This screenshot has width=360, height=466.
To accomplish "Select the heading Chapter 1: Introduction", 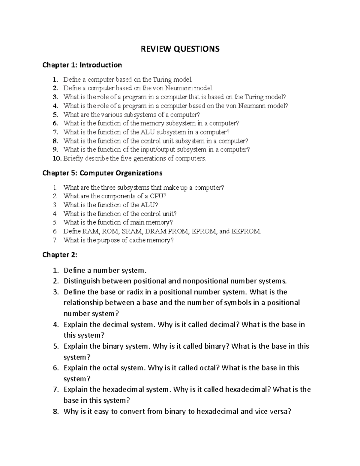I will pyautogui.click(x=82, y=65).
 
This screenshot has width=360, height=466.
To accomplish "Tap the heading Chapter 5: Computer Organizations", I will pyautogui.click(x=102, y=173).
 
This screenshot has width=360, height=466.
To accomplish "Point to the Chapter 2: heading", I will pyautogui.click(x=60, y=255).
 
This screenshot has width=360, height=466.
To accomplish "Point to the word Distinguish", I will pyautogui.click(x=82, y=281).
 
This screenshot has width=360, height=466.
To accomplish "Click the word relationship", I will pyautogui.click(x=84, y=303).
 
